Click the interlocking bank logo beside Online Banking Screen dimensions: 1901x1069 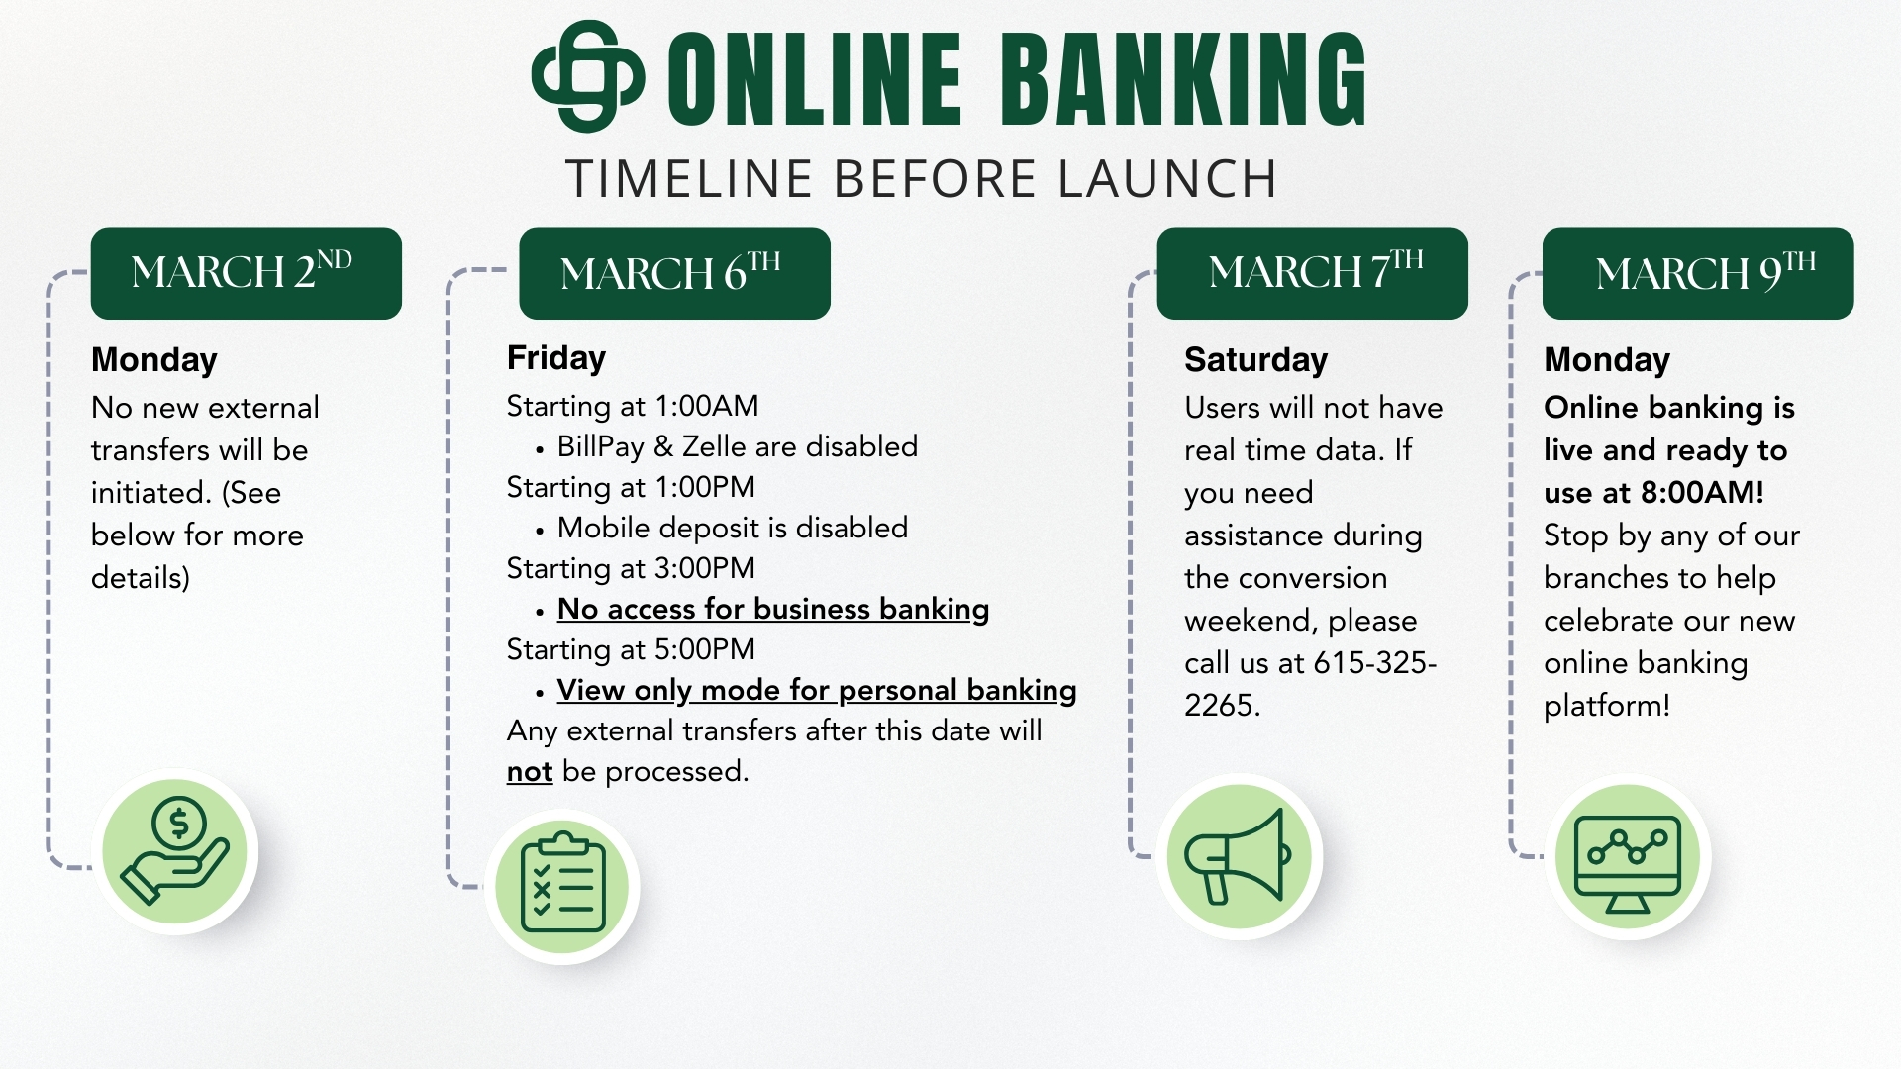tap(588, 76)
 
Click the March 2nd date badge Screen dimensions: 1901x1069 tap(247, 273)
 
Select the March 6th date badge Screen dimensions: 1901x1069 tap(674, 273)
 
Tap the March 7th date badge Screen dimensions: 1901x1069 tap(1312, 273)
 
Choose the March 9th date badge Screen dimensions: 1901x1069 tap(1698, 273)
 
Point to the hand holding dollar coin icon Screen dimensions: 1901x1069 tap(175, 851)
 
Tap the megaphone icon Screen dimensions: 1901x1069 tap(1239, 856)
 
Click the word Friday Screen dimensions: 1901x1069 tap(556, 358)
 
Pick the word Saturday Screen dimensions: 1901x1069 tap(1255, 360)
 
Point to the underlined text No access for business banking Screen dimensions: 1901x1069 tap(773, 610)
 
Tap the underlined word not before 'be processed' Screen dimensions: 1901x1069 tap(530, 772)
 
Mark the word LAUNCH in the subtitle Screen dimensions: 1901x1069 tap(1167, 179)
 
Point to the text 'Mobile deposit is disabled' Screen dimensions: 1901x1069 tap(733, 528)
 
